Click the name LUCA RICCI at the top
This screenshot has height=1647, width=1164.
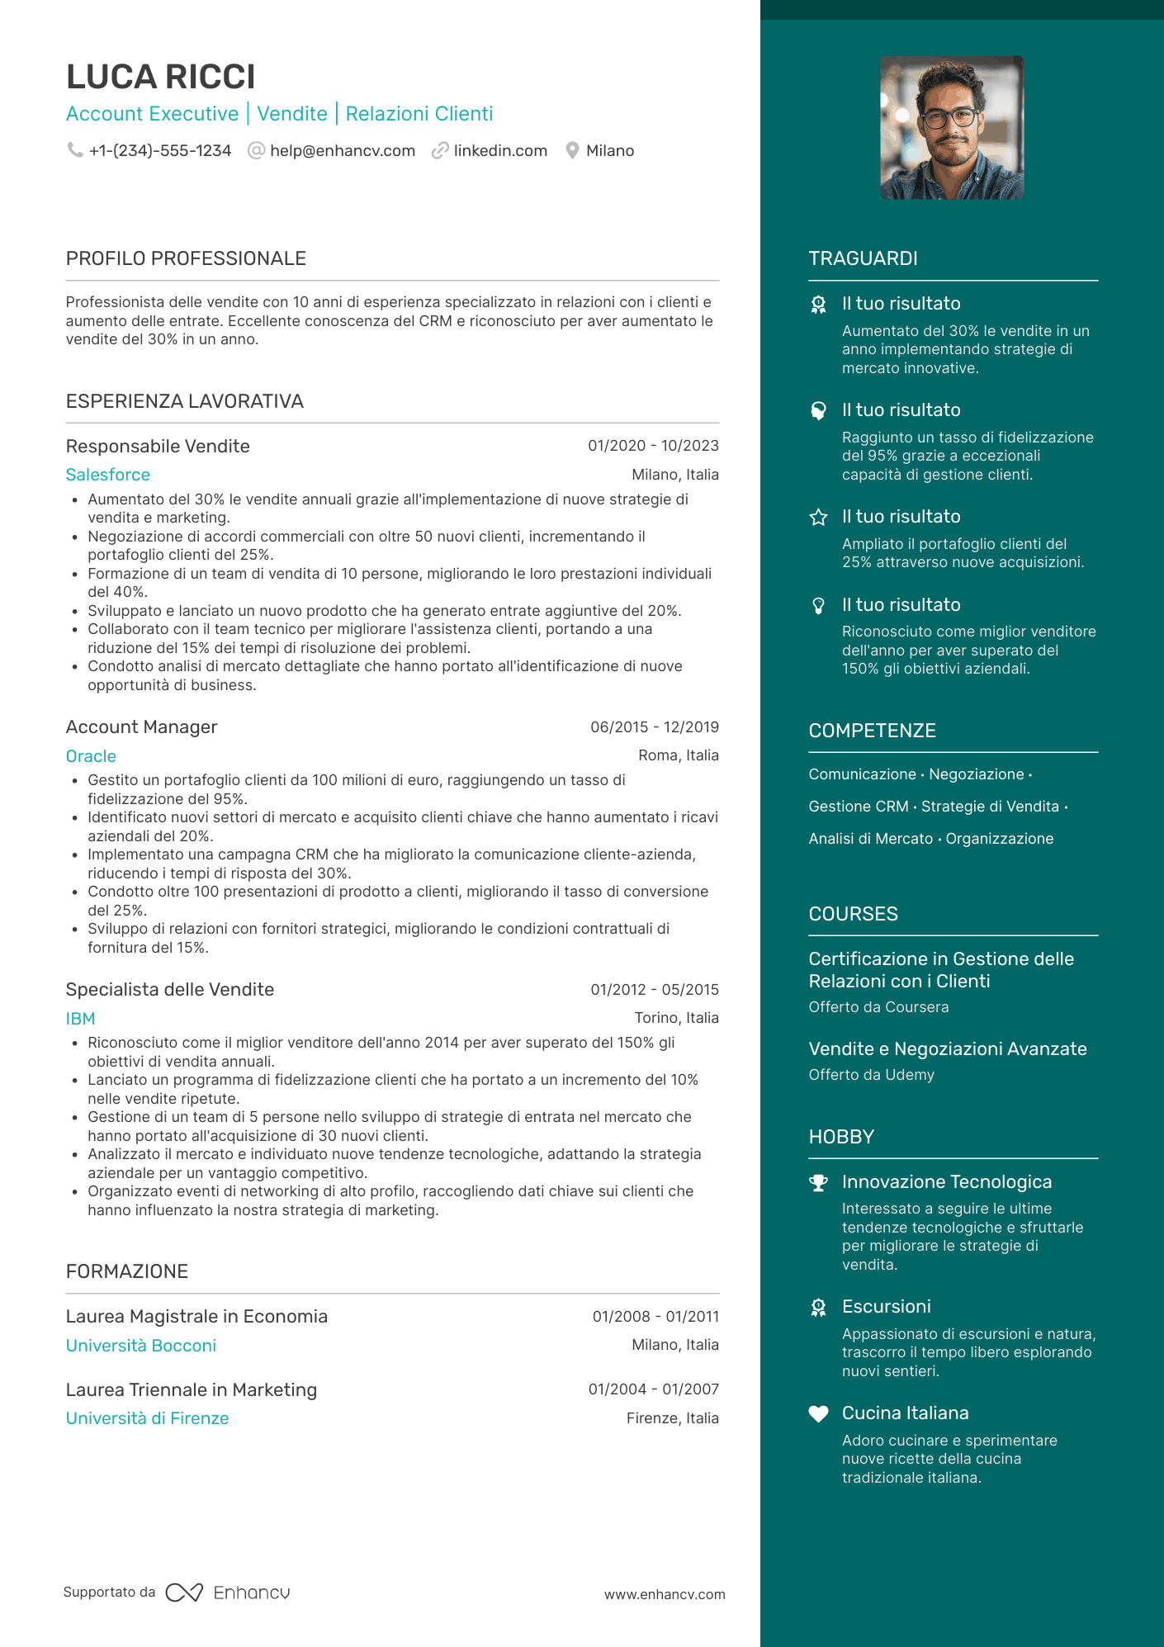161,77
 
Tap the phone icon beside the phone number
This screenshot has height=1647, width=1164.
75,149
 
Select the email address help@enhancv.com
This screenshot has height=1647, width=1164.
342,151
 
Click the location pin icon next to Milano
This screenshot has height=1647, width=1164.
572,150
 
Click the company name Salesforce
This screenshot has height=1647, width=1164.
108,475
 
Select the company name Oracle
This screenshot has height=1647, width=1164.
91,756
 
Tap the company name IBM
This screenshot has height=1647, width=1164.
81,1019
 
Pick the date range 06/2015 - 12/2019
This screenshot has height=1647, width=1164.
654,727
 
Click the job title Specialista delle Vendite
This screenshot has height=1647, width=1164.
170,989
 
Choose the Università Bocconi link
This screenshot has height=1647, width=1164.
141,1346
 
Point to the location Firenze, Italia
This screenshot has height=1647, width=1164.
672,1418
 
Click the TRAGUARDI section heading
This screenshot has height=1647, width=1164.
863,258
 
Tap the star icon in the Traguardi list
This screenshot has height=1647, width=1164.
818,518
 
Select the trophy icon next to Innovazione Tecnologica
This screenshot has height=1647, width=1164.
818,1183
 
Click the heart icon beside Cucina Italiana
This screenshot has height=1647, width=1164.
818,1414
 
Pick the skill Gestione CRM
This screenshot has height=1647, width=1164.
858,807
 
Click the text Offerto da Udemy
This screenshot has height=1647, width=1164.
871,1075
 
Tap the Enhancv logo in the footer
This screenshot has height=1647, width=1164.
228,1593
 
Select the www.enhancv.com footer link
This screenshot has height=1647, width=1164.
665,1594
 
